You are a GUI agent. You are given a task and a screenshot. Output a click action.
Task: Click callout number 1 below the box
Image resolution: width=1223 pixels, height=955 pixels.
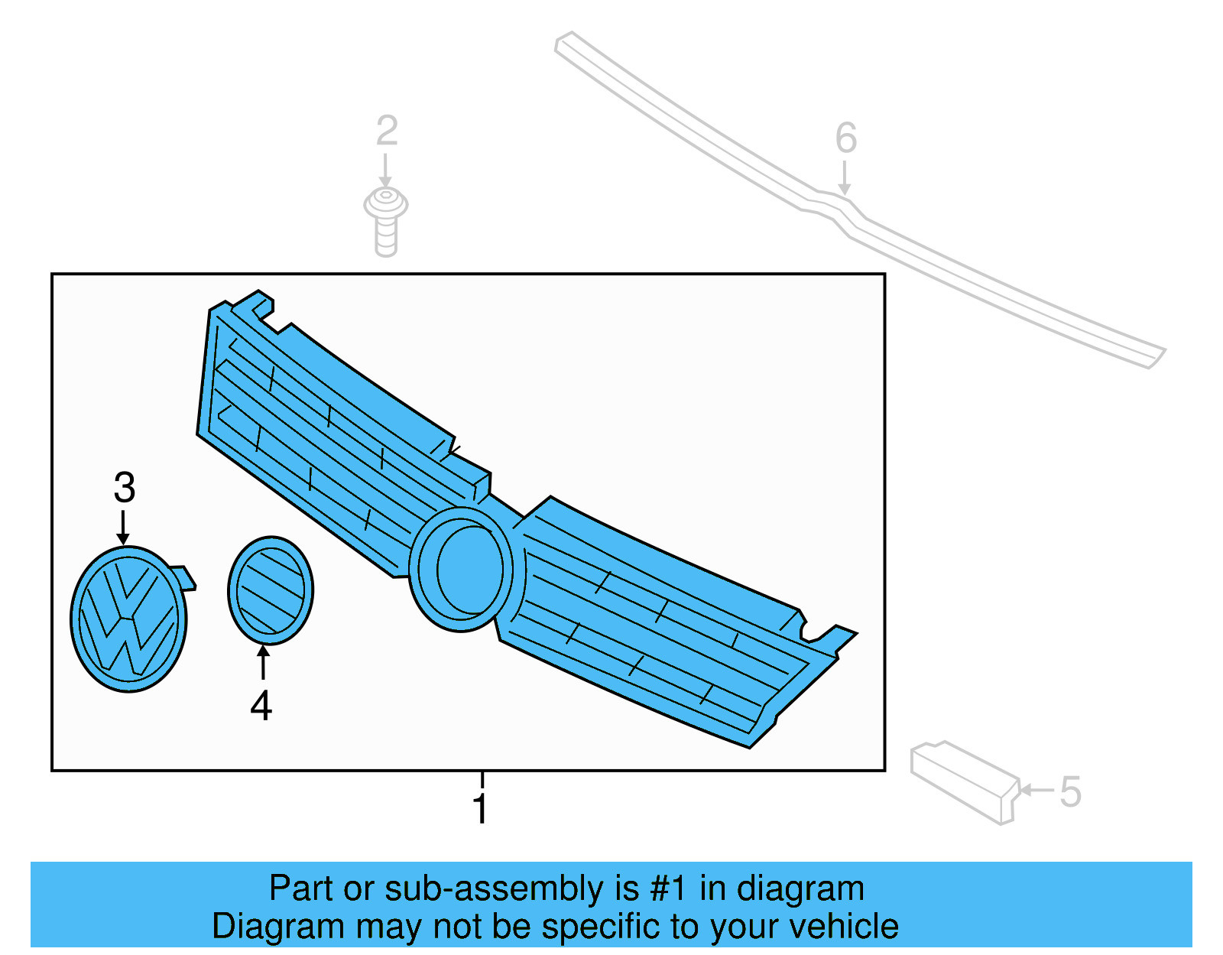pos(480,809)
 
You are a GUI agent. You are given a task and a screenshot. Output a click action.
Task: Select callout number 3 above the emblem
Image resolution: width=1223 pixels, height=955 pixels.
pos(125,487)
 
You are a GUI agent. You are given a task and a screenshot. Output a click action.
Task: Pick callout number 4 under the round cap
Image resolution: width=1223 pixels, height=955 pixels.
pos(261,706)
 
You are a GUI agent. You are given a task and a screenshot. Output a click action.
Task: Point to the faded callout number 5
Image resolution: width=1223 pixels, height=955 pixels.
pos(1070,791)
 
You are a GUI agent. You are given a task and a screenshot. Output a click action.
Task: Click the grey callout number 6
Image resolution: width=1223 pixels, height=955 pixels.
pos(845,138)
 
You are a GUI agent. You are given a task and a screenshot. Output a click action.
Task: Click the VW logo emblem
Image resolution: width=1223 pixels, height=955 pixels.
pos(128,619)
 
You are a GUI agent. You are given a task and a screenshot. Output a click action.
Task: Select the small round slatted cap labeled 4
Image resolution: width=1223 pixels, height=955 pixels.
pos(271,590)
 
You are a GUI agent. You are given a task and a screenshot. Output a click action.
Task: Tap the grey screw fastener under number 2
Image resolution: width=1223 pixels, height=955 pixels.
pos(386,221)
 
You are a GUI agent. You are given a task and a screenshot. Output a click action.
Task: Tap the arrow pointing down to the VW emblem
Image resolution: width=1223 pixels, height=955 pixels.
pos(123,528)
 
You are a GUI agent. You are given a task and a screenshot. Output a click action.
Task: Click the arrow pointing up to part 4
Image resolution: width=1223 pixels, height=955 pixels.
pos(263,662)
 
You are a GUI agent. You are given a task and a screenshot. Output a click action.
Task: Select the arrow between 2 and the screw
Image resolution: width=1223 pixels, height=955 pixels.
pos(386,170)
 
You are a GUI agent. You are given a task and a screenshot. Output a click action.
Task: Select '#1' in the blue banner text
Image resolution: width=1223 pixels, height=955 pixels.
pos(670,889)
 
